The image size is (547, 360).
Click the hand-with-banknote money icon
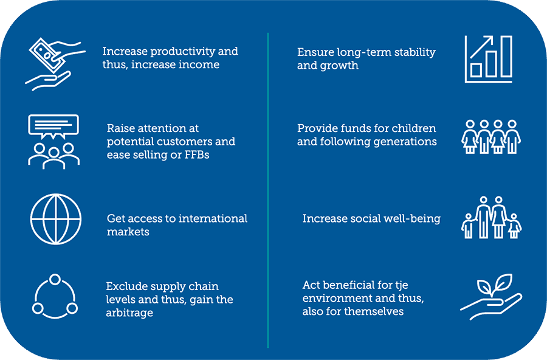click(55, 64)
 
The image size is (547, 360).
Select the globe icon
click(56, 219)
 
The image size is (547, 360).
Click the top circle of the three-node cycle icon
click(55, 280)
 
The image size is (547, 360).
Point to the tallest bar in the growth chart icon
click(506, 56)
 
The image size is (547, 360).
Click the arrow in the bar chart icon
click(481, 47)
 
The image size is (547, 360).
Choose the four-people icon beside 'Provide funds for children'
click(491, 137)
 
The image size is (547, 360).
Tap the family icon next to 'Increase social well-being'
click(491, 217)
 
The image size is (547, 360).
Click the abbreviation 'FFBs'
click(197, 154)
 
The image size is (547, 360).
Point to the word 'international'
click(213, 218)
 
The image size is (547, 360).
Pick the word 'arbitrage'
click(129, 313)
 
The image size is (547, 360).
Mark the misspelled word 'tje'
click(402, 285)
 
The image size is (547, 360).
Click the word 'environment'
click(337, 298)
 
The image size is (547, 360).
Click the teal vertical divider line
click(268, 190)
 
